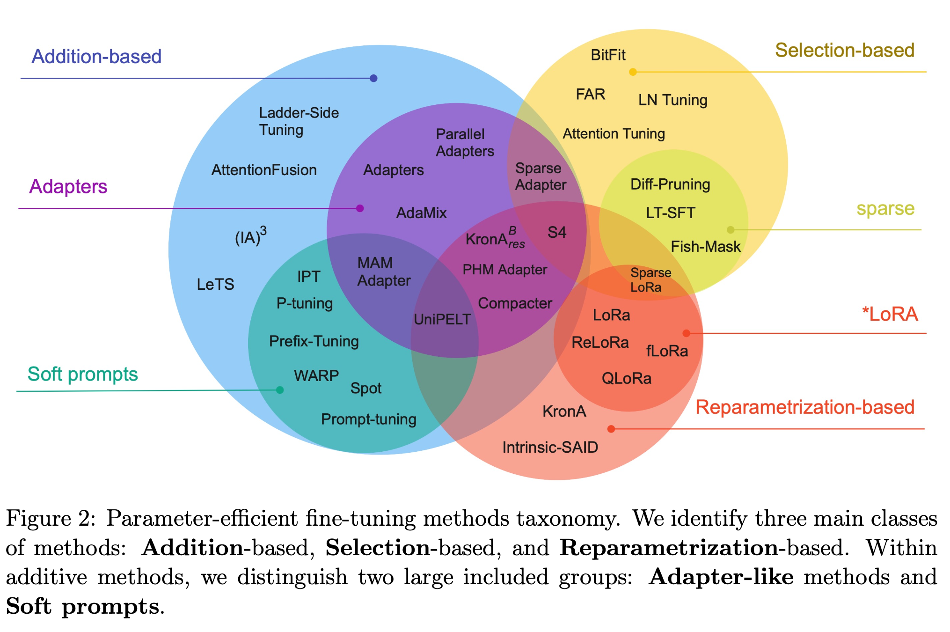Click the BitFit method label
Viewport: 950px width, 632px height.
pyautogui.click(x=608, y=55)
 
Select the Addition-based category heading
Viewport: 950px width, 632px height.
pyautogui.click(x=96, y=57)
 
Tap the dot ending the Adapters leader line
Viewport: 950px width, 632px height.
pyautogui.click(x=360, y=208)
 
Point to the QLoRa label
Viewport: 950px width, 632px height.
pyautogui.click(x=627, y=378)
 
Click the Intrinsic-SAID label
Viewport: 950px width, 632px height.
pyautogui.click(x=550, y=447)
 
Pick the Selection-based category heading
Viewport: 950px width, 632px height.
pyautogui.click(x=845, y=51)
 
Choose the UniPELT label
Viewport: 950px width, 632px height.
pyautogui.click(x=442, y=319)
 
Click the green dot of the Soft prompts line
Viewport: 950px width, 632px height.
pyautogui.click(x=280, y=390)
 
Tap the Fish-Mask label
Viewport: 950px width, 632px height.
pyautogui.click(x=706, y=247)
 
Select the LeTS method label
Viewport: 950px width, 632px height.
pyautogui.click(x=215, y=284)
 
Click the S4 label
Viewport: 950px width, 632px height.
pyautogui.click(x=557, y=232)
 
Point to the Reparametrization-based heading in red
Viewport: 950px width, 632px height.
pyautogui.click(x=805, y=407)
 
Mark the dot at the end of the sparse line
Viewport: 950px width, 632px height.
pyautogui.click(x=731, y=230)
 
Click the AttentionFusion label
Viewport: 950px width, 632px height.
pyautogui.click(x=264, y=170)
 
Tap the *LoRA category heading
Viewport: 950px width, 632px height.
pyautogui.click(x=890, y=314)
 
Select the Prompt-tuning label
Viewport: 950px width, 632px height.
pyautogui.click(x=369, y=419)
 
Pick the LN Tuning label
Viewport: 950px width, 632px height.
pyautogui.click(x=673, y=100)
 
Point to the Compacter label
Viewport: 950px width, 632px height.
pyautogui.click(x=515, y=303)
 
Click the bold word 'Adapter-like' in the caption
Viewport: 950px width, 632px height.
pyautogui.click(x=721, y=577)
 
